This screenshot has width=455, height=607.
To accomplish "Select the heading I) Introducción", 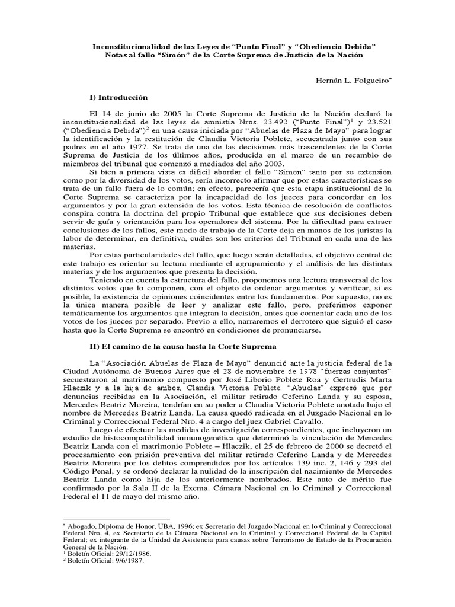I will tap(118, 96).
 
